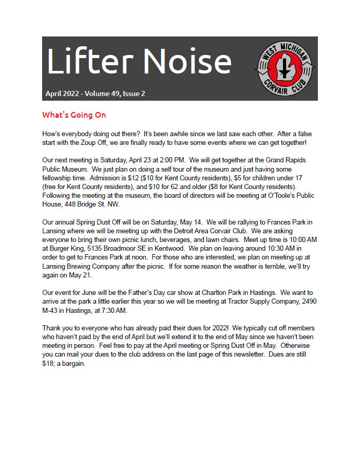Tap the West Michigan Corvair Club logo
[285, 69]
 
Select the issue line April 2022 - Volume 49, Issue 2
[96, 94]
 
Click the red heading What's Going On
[74, 115]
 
